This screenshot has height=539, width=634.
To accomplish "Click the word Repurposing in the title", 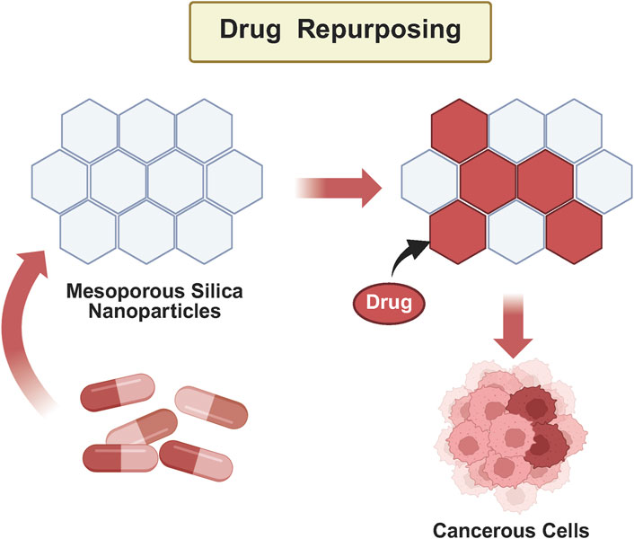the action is click(x=379, y=30).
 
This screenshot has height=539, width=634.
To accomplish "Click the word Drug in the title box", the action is click(x=251, y=30).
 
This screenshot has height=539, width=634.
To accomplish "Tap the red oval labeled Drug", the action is click(x=389, y=303).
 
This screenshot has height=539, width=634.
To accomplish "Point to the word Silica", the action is click(x=217, y=290).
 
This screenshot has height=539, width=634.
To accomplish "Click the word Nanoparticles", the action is click(x=154, y=312).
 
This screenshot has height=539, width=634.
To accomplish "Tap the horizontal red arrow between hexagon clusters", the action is click(x=339, y=188).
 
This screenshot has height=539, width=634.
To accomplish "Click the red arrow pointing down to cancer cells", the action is click(x=513, y=326).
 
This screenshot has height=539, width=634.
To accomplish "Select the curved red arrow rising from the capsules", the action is click(x=23, y=328).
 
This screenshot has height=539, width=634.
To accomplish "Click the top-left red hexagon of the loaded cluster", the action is click(x=459, y=130).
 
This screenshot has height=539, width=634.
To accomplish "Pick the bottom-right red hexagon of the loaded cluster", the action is click(x=574, y=232).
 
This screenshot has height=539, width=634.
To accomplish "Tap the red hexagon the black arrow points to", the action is click(x=458, y=232).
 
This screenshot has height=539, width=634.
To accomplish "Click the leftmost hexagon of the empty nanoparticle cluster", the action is click(x=60, y=181).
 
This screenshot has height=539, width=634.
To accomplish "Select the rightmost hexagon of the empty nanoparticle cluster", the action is click(x=234, y=181).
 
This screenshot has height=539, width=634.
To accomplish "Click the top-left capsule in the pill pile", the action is click(x=118, y=392).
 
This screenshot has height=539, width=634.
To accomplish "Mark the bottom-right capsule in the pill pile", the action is click(x=196, y=461).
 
